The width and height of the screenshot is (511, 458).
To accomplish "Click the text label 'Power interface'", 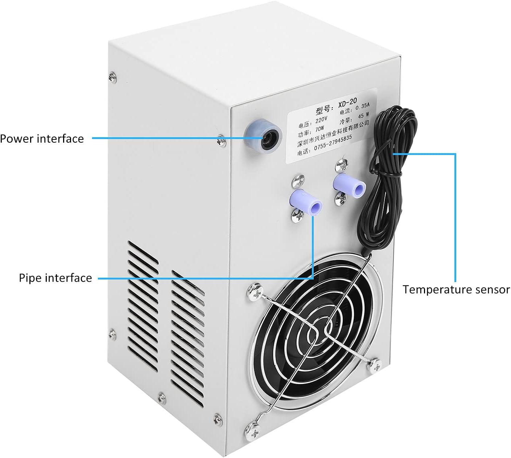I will click(42, 139).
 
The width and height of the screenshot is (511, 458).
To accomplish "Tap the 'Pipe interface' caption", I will click(55, 278).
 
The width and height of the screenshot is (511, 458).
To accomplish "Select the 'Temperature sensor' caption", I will click(456, 290).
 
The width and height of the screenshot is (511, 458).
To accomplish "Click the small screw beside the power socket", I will click(221, 139).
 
